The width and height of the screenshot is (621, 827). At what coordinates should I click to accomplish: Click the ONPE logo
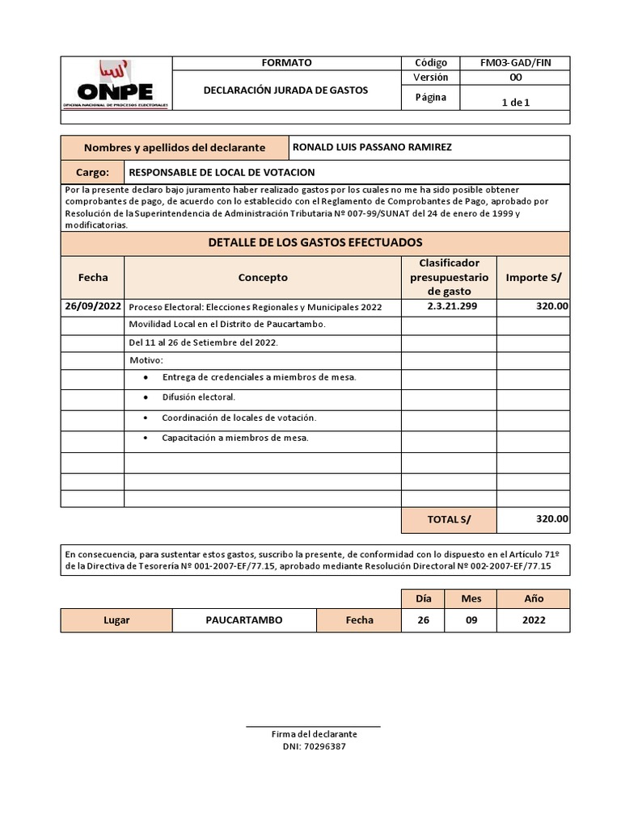pos(116,84)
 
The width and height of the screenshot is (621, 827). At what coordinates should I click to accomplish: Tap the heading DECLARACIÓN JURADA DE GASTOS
pos(285,90)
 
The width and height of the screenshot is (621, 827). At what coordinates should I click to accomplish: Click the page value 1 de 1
pos(516,102)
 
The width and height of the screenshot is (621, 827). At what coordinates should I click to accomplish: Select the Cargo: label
pos(92,173)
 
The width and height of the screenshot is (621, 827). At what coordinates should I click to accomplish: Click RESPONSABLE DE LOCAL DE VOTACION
pos(222,173)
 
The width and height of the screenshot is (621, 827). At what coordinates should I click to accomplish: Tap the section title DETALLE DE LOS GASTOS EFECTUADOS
pos(315,242)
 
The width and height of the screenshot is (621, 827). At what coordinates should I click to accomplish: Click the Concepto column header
pos(263,277)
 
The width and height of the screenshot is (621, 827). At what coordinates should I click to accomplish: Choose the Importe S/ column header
pos(533,277)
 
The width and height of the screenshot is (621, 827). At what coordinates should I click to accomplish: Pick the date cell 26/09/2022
pos(93,306)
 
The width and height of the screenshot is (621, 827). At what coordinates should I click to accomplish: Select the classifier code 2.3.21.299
pos(449,306)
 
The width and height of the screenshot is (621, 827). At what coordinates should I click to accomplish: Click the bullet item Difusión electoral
pos(199,397)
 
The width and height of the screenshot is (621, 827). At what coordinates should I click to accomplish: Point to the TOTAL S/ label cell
pos(449,520)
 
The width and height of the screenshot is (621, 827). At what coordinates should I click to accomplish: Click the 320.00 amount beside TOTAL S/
pos(551,519)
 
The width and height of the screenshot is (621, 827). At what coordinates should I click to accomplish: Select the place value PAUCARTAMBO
pos(243,620)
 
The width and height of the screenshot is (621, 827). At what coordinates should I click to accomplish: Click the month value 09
pos(471,620)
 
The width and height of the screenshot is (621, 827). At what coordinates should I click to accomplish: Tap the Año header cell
pos(533,599)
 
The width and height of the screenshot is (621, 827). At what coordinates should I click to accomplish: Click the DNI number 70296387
pos(323,746)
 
